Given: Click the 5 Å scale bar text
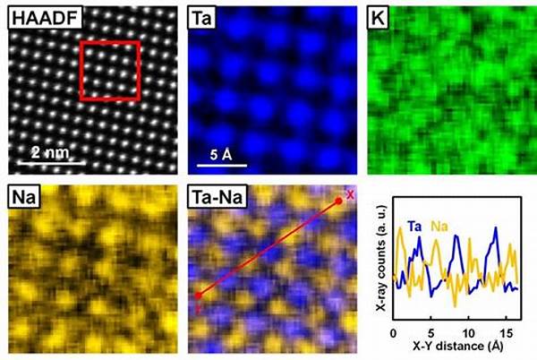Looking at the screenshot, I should (221, 154).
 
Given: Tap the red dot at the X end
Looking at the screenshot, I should (338, 201).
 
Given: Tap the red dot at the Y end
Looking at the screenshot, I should (198, 295).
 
